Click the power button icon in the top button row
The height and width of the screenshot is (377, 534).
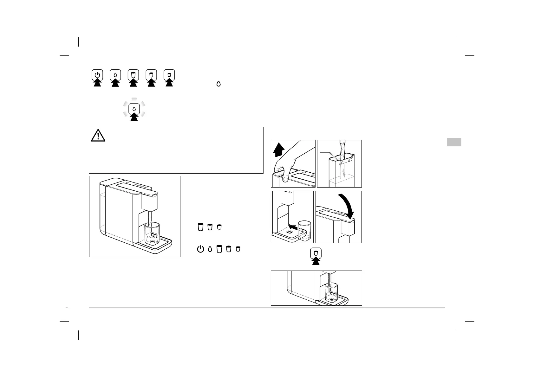click(97, 75)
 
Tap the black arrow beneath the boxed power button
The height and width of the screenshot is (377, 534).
click(97, 83)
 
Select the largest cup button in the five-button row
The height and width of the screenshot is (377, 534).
click(133, 75)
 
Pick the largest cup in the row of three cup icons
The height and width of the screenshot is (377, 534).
click(200, 227)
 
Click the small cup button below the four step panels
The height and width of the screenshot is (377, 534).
click(316, 253)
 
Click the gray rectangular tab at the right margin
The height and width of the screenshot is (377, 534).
click(454, 142)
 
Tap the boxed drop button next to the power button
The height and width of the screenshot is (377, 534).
click(115, 75)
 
